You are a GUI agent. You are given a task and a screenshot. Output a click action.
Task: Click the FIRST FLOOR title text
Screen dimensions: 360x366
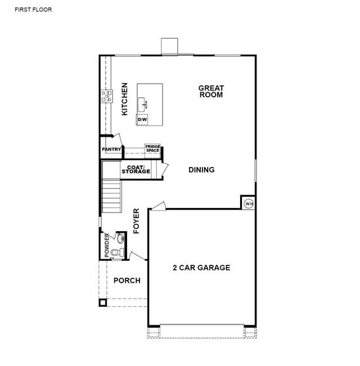[33, 10]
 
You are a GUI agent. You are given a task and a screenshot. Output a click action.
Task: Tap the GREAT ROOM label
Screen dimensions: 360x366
[211, 91]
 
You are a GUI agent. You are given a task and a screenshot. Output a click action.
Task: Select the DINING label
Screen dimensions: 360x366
[201, 170]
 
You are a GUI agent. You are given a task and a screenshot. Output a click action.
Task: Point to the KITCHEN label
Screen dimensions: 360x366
[125, 99]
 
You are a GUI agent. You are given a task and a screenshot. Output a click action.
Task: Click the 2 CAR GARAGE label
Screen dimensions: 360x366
[201, 268]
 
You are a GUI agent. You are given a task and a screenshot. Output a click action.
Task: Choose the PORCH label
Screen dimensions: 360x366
[127, 281]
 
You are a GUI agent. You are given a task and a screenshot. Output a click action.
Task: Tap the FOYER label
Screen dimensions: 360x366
[136, 221]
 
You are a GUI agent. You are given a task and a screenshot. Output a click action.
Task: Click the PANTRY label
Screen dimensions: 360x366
[111, 149]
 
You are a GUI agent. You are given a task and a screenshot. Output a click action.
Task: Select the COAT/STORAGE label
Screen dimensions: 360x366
[136, 169]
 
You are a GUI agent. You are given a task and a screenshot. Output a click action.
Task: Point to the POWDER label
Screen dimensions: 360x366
[107, 245]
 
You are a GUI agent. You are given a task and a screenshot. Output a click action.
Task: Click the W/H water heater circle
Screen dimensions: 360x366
[249, 204]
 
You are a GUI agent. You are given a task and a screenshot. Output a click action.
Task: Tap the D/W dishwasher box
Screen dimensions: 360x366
[142, 120]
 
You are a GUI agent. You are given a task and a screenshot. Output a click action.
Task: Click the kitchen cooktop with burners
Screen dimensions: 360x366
[106, 96]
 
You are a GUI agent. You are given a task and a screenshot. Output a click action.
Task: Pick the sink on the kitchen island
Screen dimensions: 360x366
[142, 105]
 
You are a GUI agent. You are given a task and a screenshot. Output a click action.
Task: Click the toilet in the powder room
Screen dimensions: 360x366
[117, 252]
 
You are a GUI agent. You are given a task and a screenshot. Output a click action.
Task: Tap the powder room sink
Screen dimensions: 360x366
[121, 238]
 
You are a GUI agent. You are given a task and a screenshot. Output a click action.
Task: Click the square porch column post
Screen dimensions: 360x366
[103, 302]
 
